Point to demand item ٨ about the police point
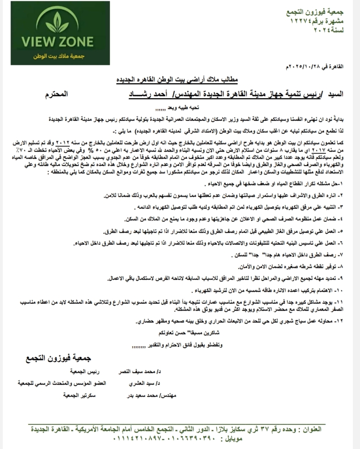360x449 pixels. (x=285, y=267)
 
